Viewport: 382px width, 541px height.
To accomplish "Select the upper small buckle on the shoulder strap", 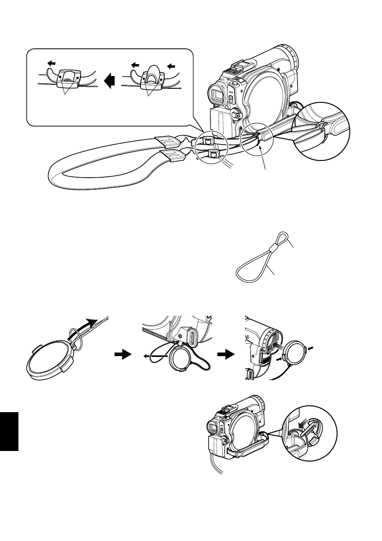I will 207,140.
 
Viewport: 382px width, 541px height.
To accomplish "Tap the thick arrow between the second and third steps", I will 225,354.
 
